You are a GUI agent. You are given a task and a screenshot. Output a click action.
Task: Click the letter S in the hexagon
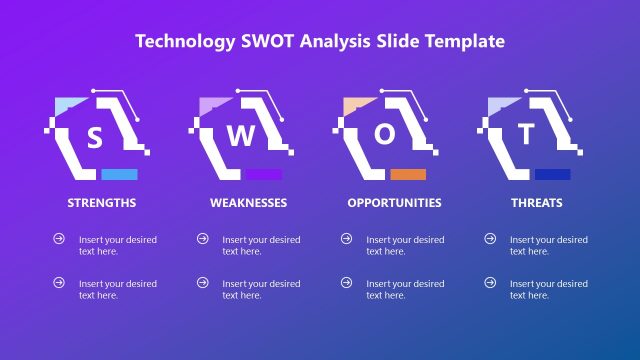[95, 137]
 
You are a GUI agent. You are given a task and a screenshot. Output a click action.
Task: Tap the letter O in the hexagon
[384, 136]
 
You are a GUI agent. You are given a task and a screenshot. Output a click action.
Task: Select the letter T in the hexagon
[527, 134]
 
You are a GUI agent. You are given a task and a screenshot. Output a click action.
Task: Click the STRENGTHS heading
[102, 203]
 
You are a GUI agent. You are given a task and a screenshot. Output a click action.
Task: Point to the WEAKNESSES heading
[248, 203]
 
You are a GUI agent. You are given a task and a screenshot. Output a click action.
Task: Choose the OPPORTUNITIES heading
[394, 203]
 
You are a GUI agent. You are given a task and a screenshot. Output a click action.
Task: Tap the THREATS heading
[537, 203]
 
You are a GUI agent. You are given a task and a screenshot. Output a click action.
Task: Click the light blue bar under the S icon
[119, 174]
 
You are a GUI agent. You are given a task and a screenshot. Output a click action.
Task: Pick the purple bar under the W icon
[263, 174]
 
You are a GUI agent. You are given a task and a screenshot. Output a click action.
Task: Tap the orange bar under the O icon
[408, 174]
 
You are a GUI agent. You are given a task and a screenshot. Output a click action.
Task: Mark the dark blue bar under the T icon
[552, 174]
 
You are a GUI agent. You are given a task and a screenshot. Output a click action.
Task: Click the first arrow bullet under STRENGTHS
[59, 239]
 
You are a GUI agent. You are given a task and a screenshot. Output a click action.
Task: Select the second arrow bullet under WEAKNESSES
[203, 283]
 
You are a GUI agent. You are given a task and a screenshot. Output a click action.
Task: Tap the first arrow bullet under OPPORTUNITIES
[347, 239]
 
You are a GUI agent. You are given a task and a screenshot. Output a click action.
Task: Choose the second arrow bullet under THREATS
[490, 283]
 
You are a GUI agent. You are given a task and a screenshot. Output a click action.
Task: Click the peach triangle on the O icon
[354, 106]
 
